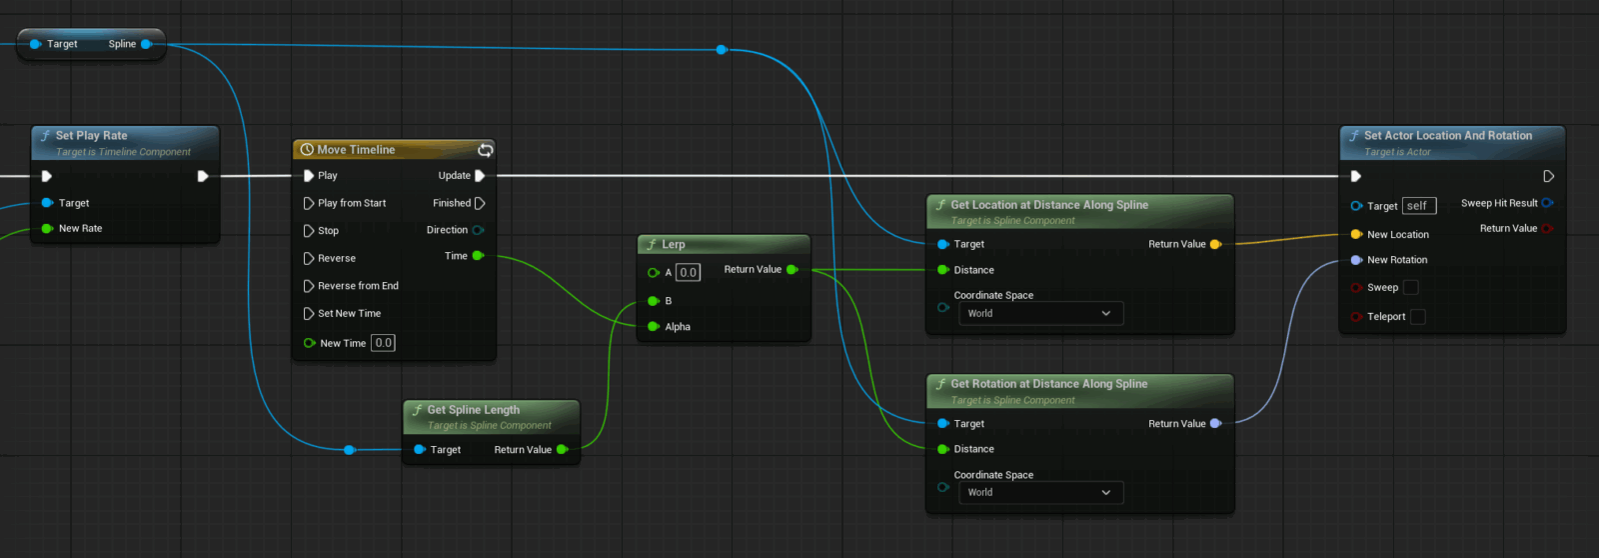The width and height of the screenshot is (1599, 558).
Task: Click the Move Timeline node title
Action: (x=356, y=150)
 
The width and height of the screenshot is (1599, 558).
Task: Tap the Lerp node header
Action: (x=674, y=244)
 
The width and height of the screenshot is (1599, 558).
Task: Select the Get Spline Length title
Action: (x=473, y=410)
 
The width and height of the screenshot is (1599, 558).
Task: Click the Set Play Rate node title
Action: (x=91, y=136)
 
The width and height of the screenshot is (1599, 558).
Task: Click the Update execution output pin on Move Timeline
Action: (x=480, y=176)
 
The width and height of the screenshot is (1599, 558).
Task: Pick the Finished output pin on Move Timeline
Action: (x=480, y=203)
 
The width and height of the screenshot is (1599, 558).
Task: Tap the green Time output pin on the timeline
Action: (x=478, y=256)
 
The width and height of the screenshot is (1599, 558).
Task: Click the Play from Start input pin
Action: (x=309, y=203)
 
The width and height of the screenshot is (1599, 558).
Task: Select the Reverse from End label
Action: (x=358, y=286)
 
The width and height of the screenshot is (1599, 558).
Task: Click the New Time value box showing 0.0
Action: (x=383, y=343)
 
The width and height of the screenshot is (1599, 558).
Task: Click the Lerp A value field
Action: (x=688, y=272)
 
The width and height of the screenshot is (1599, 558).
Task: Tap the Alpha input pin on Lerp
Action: (x=654, y=327)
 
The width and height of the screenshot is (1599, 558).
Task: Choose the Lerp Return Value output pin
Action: (x=792, y=270)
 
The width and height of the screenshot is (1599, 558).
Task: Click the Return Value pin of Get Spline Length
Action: (x=562, y=450)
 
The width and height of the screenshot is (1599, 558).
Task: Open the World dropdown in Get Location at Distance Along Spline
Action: (x=1039, y=314)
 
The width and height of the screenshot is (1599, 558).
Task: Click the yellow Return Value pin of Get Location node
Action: (x=1215, y=244)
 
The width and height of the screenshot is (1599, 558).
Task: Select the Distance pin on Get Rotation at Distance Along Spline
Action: (x=943, y=449)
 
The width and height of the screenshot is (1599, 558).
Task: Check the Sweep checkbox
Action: (x=1411, y=288)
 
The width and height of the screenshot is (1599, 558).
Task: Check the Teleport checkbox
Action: (x=1417, y=317)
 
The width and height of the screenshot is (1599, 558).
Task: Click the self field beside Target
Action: (x=1418, y=206)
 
